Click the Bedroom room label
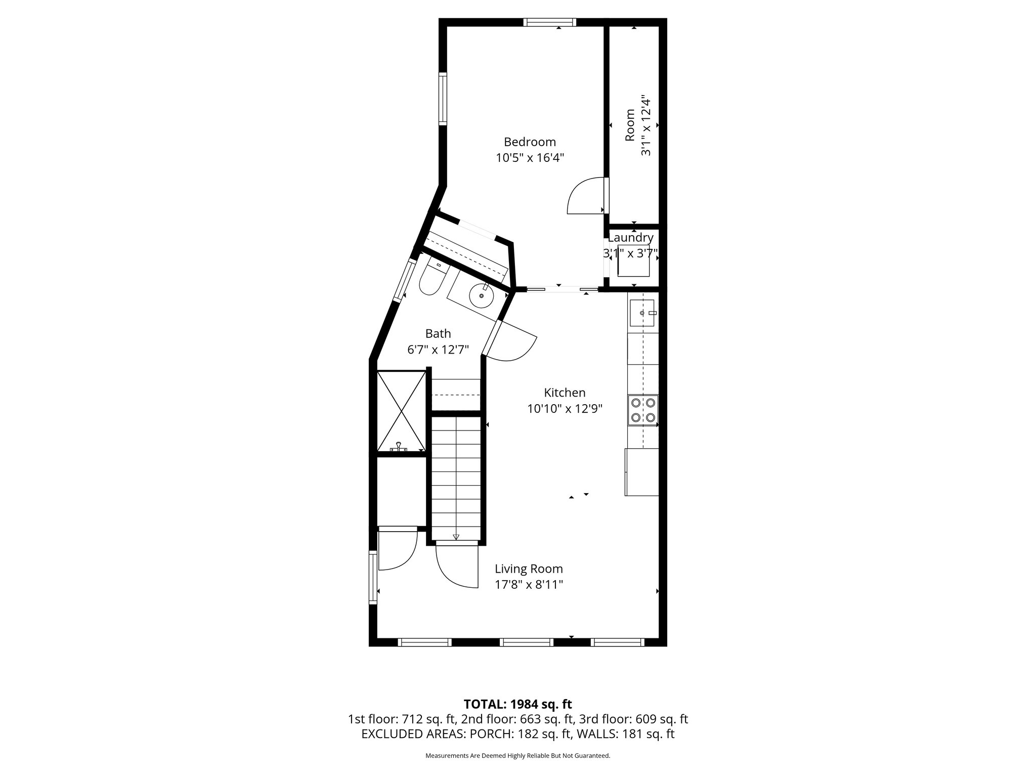click(x=530, y=142)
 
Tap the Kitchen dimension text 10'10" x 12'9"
click(x=565, y=409)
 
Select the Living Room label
click(x=529, y=569)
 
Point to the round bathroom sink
click(x=481, y=296)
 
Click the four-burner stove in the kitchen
click(x=643, y=410)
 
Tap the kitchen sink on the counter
click(x=642, y=314)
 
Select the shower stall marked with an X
click(x=402, y=411)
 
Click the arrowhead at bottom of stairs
click(x=455, y=537)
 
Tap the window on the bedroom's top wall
click(x=549, y=22)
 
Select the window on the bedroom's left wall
click(x=443, y=99)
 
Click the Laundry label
click(x=630, y=238)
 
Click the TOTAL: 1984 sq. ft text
click(x=517, y=704)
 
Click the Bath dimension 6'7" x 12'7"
click(x=438, y=350)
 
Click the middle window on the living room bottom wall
click(x=527, y=642)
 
